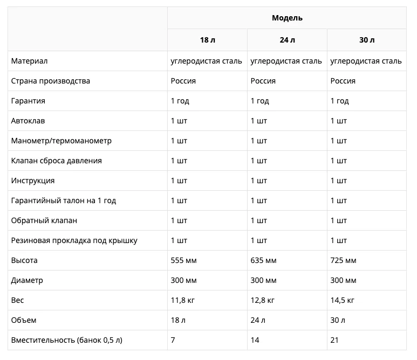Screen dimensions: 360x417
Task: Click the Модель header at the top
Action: pos(287,18)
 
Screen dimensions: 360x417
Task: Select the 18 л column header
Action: pos(207,40)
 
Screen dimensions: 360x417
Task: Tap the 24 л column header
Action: pos(287,40)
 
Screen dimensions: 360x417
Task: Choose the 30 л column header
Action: pos(367,40)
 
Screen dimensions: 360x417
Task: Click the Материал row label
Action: pos(29,61)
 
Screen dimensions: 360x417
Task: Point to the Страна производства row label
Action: pos(50,81)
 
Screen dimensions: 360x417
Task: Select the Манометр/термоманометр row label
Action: pos(61,141)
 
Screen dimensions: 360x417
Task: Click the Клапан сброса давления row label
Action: pos(56,161)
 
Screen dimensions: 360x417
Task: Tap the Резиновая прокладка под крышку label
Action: pos(74,240)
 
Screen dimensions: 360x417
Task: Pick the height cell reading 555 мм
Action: pos(184,260)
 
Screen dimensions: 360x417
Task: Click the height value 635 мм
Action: pos(264,260)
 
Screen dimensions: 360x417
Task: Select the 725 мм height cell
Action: pos(344,260)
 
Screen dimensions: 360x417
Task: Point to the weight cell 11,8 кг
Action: pos(183,300)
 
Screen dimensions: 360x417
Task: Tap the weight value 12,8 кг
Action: pos(263,300)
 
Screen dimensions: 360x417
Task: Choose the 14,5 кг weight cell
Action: pos(343,300)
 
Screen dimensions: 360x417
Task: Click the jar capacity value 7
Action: pos(173,340)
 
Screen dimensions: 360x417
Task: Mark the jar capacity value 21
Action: pos(335,340)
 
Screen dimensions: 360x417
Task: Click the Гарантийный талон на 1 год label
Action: pos(63,200)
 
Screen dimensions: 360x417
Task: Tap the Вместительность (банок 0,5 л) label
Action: pos(66,340)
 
